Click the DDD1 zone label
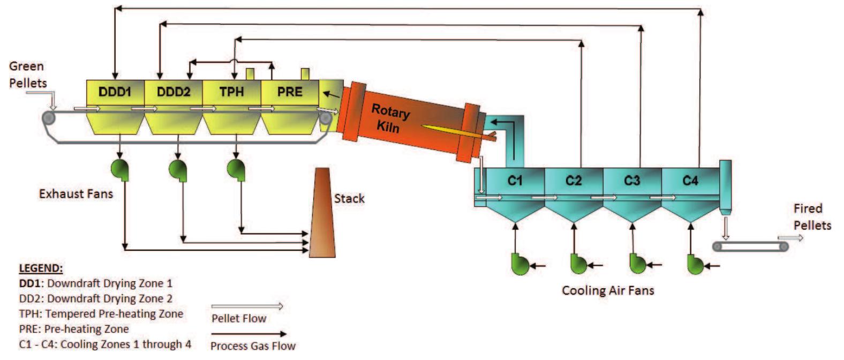[x=115, y=92]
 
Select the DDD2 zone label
[x=174, y=92]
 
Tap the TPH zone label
[x=231, y=92]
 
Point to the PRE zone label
[x=290, y=92]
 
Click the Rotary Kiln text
[x=390, y=119]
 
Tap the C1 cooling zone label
[x=515, y=181]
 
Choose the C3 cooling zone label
[x=632, y=181]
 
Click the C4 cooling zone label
[x=690, y=181]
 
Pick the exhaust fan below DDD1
[x=119, y=169]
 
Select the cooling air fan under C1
[x=519, y=264]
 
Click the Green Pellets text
[x=27, y=74]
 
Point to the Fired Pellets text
[x=811, y=216]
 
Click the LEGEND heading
[x=41, y=268]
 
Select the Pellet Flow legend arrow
[x=247, y=307]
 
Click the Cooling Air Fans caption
[x=608, y=291]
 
